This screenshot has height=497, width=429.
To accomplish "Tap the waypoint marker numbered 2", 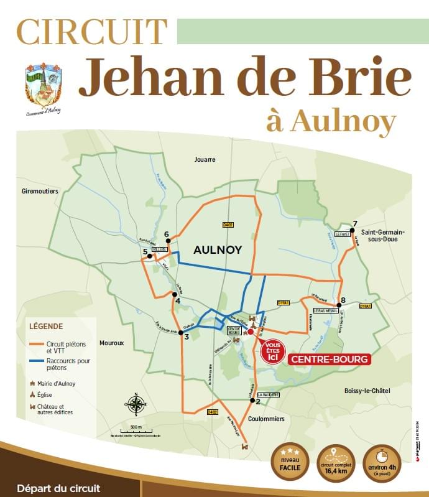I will tap(252, 401).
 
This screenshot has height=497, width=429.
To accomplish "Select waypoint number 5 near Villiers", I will tap(149, 256).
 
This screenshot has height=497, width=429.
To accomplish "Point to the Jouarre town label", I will tap(205, 159).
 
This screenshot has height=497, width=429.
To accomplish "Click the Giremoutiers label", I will tap(40, 192).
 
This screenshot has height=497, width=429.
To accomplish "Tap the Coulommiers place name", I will tap(267, 419).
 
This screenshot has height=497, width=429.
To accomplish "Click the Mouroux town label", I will tap(112, 343).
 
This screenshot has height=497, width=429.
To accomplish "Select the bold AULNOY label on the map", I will tap(217, 250).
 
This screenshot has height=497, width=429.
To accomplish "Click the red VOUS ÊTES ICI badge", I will tap(272, 351).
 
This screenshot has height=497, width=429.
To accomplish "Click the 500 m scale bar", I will tap(136, 430).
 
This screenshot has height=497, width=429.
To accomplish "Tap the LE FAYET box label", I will tap(343, 235).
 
